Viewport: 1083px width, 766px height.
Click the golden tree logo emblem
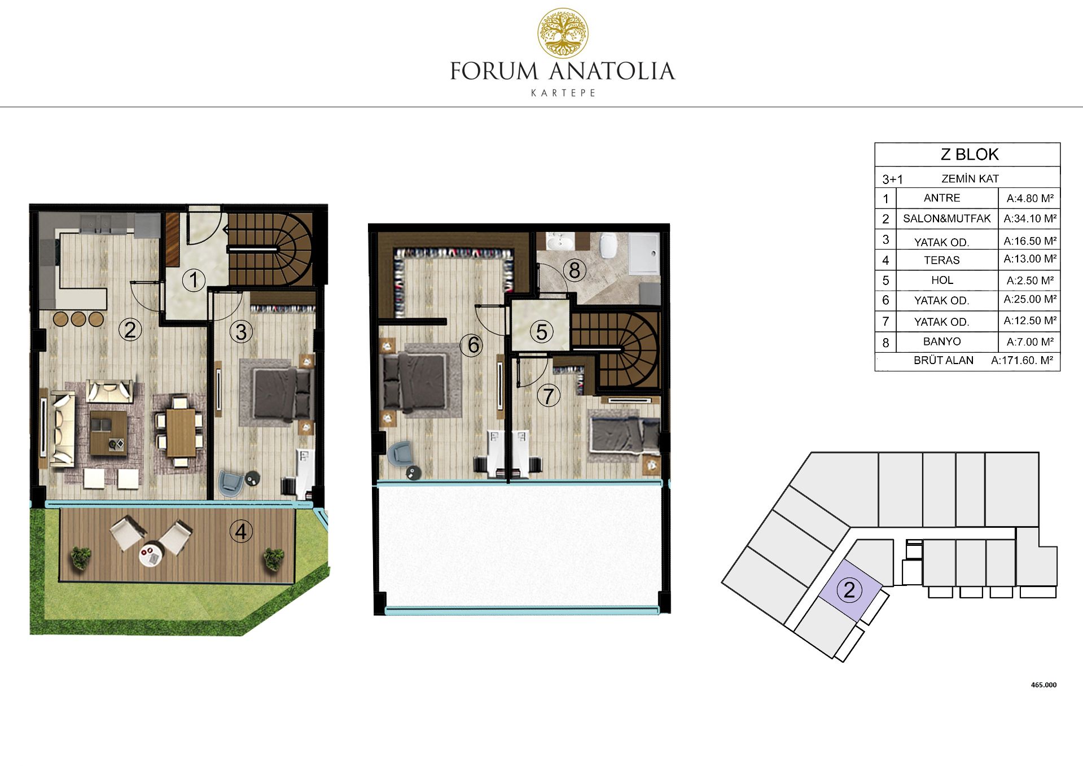click(x=563, y=33)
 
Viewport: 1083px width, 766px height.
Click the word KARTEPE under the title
click(x=563, y=93)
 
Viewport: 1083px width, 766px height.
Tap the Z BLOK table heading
click(x=970, y=154)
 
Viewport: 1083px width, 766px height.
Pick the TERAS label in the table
click(x=941, y=260)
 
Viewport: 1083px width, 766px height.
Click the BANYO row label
click(x=942, y=342)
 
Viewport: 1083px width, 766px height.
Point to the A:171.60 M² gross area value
click(x=1022, y=360)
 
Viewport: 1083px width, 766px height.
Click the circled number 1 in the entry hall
click(x=194, y=280)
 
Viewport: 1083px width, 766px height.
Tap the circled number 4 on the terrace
click(x=241, y=531)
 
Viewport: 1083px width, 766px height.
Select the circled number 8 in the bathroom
click(x=575, y=270)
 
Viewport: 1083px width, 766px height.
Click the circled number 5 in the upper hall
click(x=541, y=332)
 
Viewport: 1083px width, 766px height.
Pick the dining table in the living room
click(x=181, y=431)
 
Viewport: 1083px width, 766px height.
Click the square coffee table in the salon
click(x=108, y=432)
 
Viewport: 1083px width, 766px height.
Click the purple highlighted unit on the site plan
click(x=850, y=590)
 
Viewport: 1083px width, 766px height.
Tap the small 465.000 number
click(x=1043, y=685)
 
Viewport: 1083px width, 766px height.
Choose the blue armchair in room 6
click(x=401, y=453)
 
